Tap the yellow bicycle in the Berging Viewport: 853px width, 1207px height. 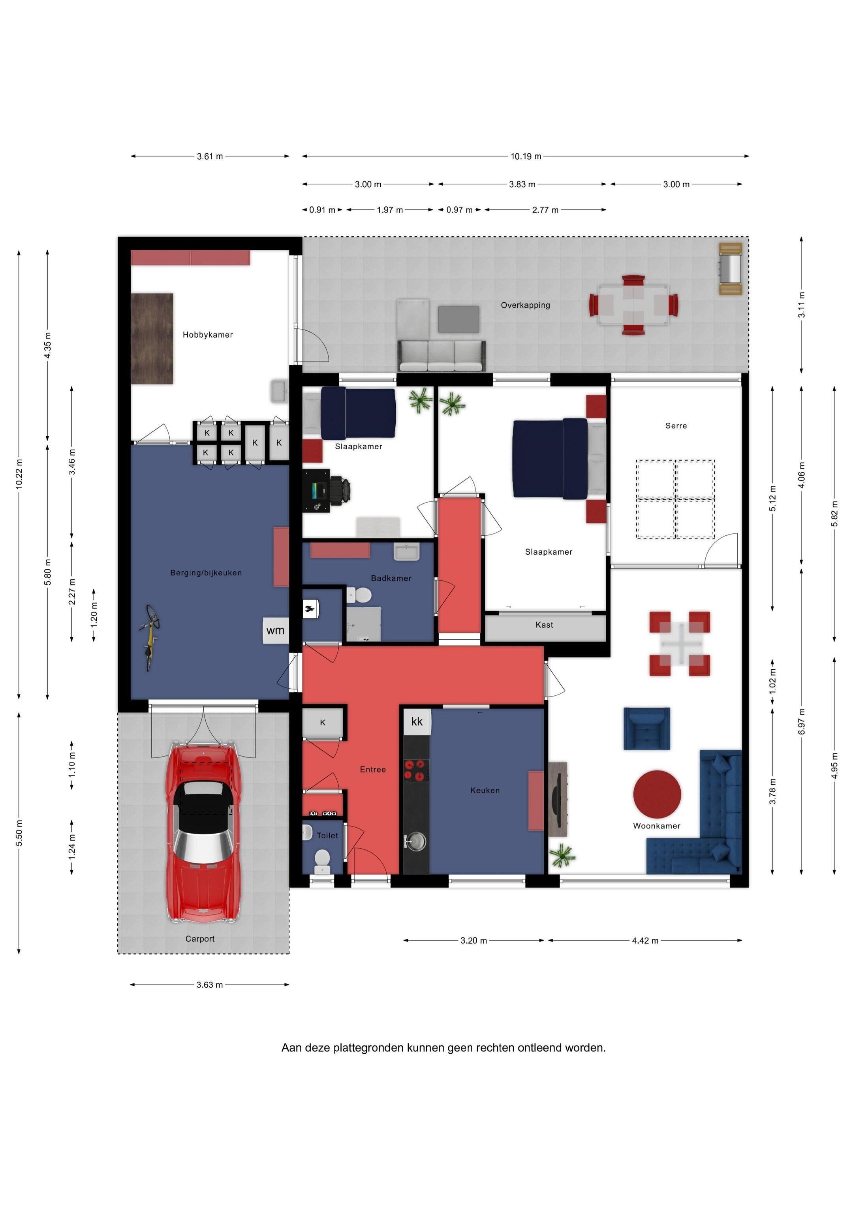pyautogui.click(x=150, y=637)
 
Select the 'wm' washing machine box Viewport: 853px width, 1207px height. pyautogui.click(x=275, y=630)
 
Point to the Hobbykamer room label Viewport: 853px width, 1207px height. pyautogui.click(x=208, y=335)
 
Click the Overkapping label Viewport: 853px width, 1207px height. pyautogui.click(x=526, y=305)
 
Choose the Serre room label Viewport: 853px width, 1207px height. pyautogui.click(x=676, y=426)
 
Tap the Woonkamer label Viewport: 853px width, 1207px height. pyautogui.click(x=656, y=826)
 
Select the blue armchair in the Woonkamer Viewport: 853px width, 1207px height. pyautogui.click(x=647, y=729)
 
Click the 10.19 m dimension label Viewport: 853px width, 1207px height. pyautogui.click(x=526, y=156)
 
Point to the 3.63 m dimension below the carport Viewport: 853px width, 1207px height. pyautogui.click(x=210, y=985)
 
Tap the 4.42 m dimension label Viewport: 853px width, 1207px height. pyautogui.click(x=645, y=940)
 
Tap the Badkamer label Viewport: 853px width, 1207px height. pyautogui.click(x=391, y=578)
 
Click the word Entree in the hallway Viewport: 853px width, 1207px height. pyautogui.click(x=373, y=770)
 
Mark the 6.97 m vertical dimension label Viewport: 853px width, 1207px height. pyautogui.click(x=802, y=721)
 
